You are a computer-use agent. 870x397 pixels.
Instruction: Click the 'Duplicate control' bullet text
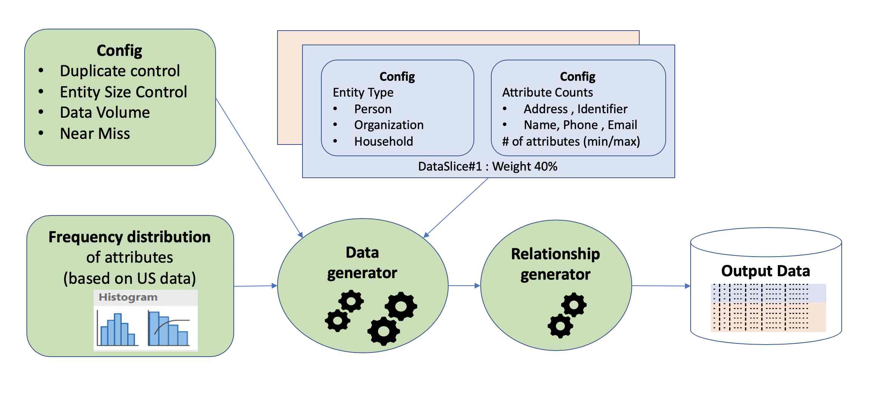(x=120, y=71)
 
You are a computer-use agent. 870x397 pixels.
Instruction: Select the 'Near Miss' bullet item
(x=95, y=134)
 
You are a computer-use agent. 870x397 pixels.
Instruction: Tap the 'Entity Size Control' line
(x=123, y=92)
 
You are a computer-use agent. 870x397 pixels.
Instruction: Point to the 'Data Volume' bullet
(x=105, y=112)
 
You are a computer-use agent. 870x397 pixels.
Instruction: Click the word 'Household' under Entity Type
(x=383, y=142)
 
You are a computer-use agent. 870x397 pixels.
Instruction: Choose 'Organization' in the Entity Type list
(x=389, y=125)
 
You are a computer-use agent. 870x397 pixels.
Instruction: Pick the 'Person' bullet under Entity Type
(x=372, y=109)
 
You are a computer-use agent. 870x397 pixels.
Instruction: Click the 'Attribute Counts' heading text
(x=547, y=92)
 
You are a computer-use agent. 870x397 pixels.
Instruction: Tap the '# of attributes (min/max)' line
(x=571, y=142)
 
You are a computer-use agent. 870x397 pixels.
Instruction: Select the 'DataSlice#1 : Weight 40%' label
(x=487, y=166)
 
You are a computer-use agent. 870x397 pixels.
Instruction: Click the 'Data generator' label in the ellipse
(x=362, y=263)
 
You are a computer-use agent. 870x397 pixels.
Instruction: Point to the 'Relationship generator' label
(x=555, y=264)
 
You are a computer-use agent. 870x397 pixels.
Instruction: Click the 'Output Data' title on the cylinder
(x=765, y=271)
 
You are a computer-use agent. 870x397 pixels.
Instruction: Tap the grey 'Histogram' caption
(x=128, y=297)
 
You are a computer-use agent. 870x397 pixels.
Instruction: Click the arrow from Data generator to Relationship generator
(x=464, y=286)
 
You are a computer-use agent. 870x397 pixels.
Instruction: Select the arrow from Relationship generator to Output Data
(x=661, y=286)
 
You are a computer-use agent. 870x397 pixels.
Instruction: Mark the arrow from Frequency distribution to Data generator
(x=256, y=286)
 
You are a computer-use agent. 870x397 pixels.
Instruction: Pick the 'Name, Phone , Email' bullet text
(x=580, y=125)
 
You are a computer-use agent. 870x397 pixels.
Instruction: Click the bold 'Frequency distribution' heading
(x=130, y=237)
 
